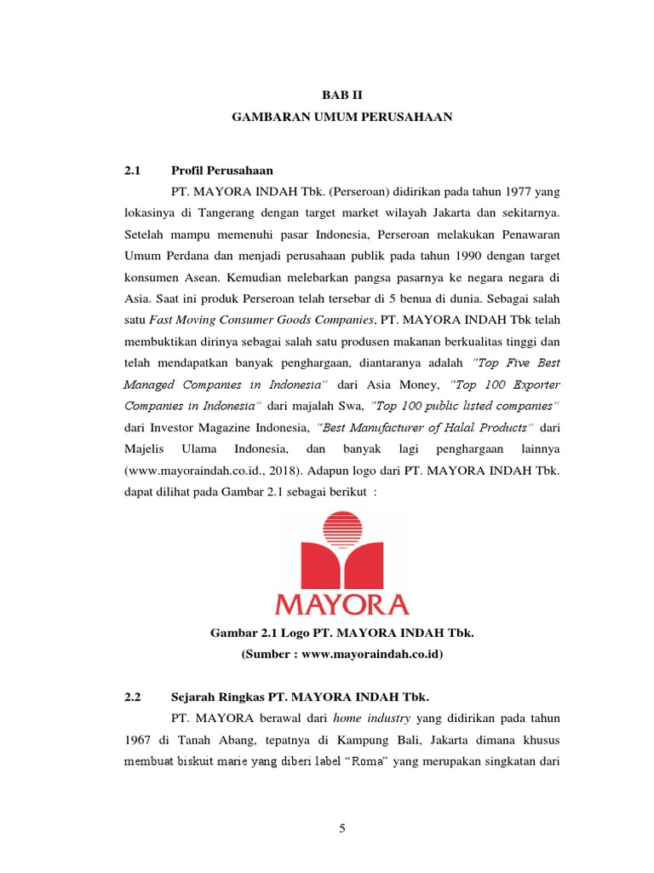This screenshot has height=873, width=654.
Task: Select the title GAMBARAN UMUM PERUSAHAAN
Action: (341, 119)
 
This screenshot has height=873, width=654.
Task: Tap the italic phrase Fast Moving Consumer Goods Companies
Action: (262, 319)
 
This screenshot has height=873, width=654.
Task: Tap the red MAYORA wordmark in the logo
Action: (341, 603)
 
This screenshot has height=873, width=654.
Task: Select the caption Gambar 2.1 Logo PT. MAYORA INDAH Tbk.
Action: (341, 633)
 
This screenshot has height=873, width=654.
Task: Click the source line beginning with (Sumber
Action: (341, 655)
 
